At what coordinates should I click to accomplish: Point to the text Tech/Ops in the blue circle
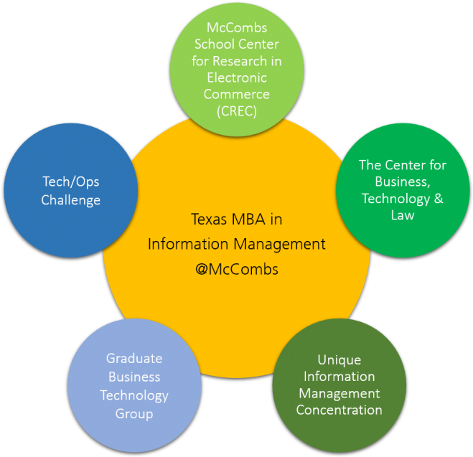[x=71, y=182]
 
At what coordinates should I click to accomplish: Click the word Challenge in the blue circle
[x=71, y=199]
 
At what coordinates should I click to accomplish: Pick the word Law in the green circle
[x=403, y=215]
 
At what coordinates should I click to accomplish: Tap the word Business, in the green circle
[x=403, y=182]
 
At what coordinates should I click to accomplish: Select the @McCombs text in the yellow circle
[x=236, y=270]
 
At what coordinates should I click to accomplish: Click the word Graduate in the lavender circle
[x=134, y=358]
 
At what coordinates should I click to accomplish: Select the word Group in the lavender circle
[x=134, y=413]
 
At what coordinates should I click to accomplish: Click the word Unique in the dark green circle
[x=339, y=359]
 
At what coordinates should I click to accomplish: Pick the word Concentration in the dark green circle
[x=339, y=410]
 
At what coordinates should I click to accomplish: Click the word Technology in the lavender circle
[x=134, y=395]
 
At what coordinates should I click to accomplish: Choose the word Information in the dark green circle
[x=339, y=377]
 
